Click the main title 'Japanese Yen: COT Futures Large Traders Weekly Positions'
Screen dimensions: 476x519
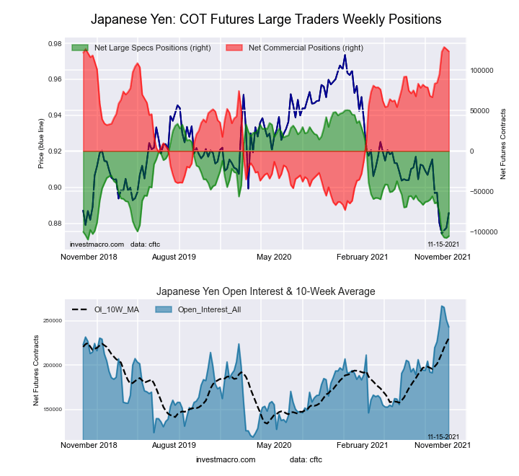coord(266,19)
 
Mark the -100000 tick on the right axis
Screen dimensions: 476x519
coord(486,232)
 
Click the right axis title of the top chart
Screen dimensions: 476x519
coord(502,144)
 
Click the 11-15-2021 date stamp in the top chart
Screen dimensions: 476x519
coord(443,245)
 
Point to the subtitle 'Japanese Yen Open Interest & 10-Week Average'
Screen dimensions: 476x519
coord(266,291)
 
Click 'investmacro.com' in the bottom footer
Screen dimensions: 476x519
coord(226,459)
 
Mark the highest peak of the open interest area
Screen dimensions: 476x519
coord(442,307)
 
